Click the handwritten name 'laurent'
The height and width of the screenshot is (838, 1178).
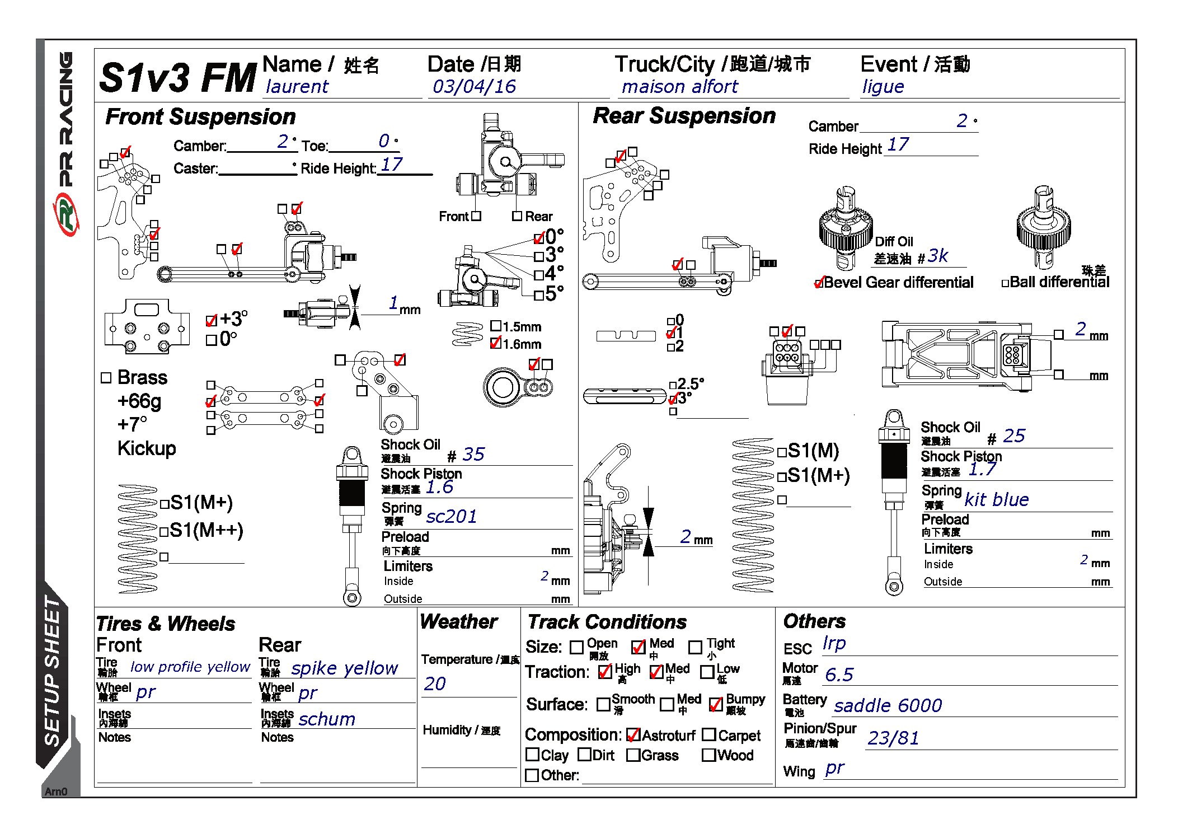(x=297, y=87)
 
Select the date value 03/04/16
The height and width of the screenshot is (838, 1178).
(x=474, y=87)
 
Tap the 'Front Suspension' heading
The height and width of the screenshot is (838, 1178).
(x=200, y=117)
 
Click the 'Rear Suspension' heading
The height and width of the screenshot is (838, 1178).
(x=684, y=116)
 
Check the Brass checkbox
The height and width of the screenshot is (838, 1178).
(x=106, y=378)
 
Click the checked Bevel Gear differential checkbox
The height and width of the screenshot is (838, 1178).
(x=819, y=283)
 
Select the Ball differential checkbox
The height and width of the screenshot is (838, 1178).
(x=1005, y=283)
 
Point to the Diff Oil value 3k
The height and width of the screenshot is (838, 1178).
(x=937, y=256)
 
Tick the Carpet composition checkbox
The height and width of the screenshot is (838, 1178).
(x=708, y=734)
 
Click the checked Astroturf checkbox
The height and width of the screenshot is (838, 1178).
(x=633, y=735)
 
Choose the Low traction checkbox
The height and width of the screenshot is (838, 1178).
(x=707, y=671)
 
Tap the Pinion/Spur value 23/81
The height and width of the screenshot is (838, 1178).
(x=893, y=738)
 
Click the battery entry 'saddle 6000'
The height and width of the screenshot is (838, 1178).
(x=888, y=706)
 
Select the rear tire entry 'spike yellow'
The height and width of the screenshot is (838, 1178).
(x=344, y=668)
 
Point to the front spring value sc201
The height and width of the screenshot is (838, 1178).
(x=451, y=516)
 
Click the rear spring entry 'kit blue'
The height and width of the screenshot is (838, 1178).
(x=996, y=499)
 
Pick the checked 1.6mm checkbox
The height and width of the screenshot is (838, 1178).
(x=495, y=343)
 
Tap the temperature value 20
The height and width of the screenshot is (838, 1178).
(x=435, y=683)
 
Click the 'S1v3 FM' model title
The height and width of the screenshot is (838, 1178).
(x=177, y=77)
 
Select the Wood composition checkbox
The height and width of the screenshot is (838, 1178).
(x=708, y=755)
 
